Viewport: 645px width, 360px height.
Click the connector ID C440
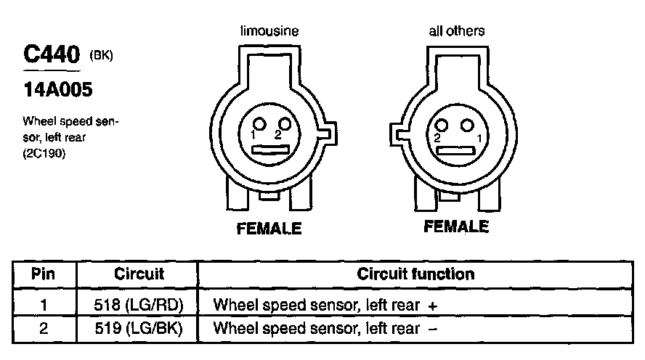(51, 56)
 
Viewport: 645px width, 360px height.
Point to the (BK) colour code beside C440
(100, 57)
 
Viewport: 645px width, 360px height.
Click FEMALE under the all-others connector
(456, 227)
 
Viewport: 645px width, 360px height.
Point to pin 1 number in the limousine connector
(253, 136)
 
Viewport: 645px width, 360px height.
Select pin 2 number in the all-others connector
(438, 136)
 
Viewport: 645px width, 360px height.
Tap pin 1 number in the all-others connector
(476, 136)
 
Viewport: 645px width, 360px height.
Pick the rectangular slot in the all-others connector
(456, 150)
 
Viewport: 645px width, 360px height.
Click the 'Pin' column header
(44, 274)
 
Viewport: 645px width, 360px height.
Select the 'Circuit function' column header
(415, 274)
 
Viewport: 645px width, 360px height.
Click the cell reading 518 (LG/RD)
(139, 306)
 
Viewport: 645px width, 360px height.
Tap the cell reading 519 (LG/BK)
(139, 329)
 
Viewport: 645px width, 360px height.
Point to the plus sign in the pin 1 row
(433, 306)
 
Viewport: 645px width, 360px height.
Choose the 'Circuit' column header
(139, 274)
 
